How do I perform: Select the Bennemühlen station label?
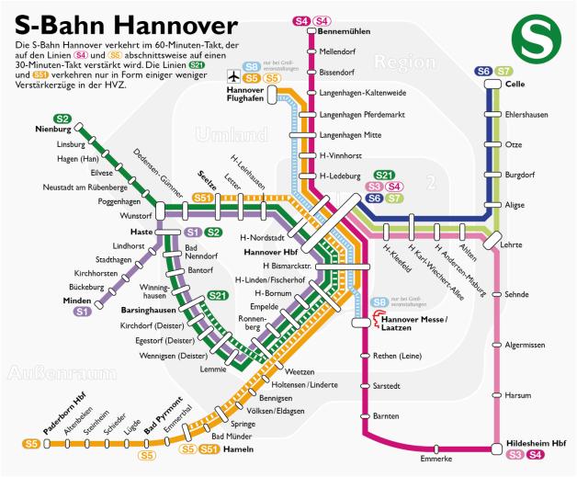tap(344, 31)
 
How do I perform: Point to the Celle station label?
tap(515, 85)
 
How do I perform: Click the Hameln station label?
tap(239, 450)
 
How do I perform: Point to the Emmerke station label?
tap(436, 458)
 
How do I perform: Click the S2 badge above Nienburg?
tap(62, 119)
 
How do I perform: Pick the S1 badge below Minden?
tap(82, 312)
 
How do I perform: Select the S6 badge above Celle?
tap(483, 71)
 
